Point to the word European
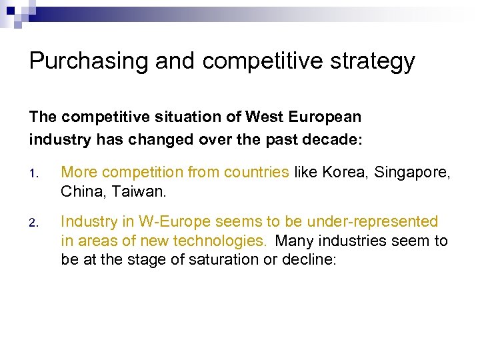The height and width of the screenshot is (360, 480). coord(327,117)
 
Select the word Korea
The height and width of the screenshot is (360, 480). coord(345,172)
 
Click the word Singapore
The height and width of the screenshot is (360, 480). coord(413,173)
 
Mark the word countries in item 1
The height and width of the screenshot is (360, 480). coord(257,172)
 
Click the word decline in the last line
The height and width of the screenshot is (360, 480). coord(312,259)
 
